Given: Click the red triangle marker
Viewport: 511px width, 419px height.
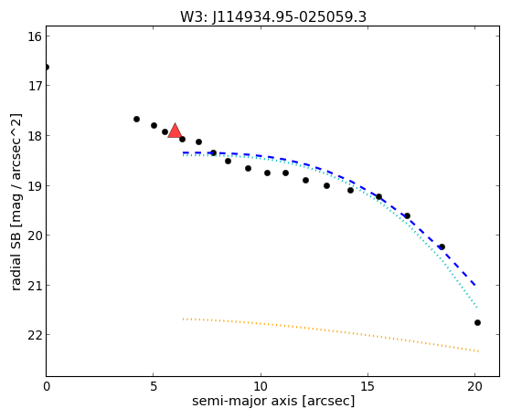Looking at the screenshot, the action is pyautogui.click(x=175, y=131).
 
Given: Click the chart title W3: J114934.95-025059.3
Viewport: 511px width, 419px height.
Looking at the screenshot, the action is pyautogui.click(x=273, y=17).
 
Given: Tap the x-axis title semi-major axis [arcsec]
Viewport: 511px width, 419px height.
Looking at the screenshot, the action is pyautogui.click(x=273, y=401).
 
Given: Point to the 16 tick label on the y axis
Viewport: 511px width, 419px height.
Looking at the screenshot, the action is pyautogui.click(x=35, y=37).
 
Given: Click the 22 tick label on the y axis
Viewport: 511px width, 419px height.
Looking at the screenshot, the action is pyautogui.click(x=35, y=335).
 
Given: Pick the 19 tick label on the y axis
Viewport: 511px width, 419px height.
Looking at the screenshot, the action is pyautogui.click(x=35, y=186).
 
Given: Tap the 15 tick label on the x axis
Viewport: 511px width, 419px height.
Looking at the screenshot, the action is pyautogui.click(x=367, y=386).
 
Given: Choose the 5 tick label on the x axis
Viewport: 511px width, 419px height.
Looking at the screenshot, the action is pyautogui.click(x=154, y=386).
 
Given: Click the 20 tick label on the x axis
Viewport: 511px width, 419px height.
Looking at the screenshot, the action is pyautogui.click(x=474, y=386).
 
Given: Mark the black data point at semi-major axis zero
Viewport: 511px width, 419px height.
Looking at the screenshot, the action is pyautogui.click(x=47, y=68).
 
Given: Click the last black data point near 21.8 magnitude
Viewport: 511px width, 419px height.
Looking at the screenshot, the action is pyautogui.click(x=477, y=322).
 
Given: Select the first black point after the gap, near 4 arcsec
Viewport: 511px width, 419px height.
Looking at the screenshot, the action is pyautogui.click(x=136, y=120).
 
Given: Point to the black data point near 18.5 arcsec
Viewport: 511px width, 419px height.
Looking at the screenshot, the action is pyautogui.click(x=442, y=246).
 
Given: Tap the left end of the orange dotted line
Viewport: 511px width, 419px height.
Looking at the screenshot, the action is pyautogui.click(x=184, y=319).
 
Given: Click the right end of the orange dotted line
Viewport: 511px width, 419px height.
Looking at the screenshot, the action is pyautogui.click(x=478, y=351).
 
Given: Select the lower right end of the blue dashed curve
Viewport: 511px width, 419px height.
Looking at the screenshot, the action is pyautogui.click(x=475, y=286).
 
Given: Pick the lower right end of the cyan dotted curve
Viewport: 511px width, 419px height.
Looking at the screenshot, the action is pyautogui.click(x=477, y=308).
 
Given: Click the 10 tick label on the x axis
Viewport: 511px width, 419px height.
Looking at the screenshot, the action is pyautogui.click(x=261, y=386).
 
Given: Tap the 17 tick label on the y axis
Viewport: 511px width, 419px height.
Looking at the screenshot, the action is pyautogui.click(x=35, y=86).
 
